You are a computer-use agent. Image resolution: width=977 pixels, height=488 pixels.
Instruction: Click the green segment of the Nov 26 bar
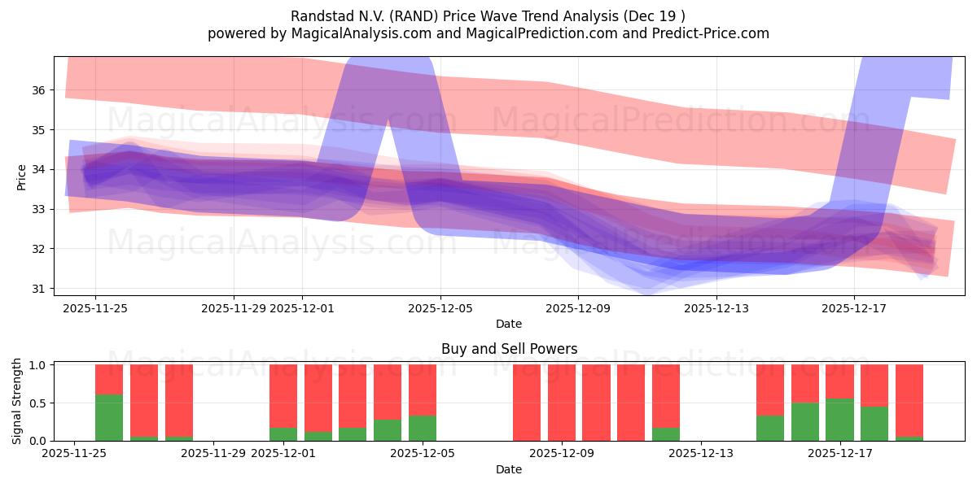(109, 417)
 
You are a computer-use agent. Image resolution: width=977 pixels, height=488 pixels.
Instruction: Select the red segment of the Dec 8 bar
(527, 403)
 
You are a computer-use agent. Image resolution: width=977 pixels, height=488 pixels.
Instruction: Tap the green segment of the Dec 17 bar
(839, 420)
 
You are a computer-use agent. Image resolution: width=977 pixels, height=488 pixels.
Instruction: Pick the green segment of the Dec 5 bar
(422, 428)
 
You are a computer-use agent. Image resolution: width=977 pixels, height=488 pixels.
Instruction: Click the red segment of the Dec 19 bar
(909, 400)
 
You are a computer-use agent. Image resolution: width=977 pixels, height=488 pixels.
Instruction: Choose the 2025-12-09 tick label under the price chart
(577, 308)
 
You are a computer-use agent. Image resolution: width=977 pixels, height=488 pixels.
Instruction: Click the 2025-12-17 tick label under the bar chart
(839, 453)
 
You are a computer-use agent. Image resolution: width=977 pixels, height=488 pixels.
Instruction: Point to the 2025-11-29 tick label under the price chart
(234, 308)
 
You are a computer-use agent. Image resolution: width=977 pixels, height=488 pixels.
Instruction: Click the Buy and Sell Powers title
(509, 349)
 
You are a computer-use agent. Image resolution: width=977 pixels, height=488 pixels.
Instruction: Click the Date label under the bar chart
(509, 469)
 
